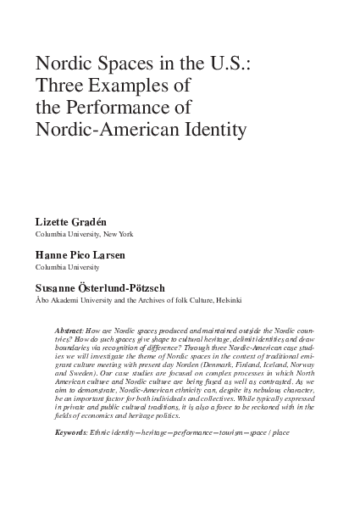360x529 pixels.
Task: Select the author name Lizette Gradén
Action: coord(70,220)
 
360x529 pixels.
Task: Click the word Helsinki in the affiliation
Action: coord(227,300)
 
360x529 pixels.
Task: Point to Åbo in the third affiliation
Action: coord(42,300)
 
